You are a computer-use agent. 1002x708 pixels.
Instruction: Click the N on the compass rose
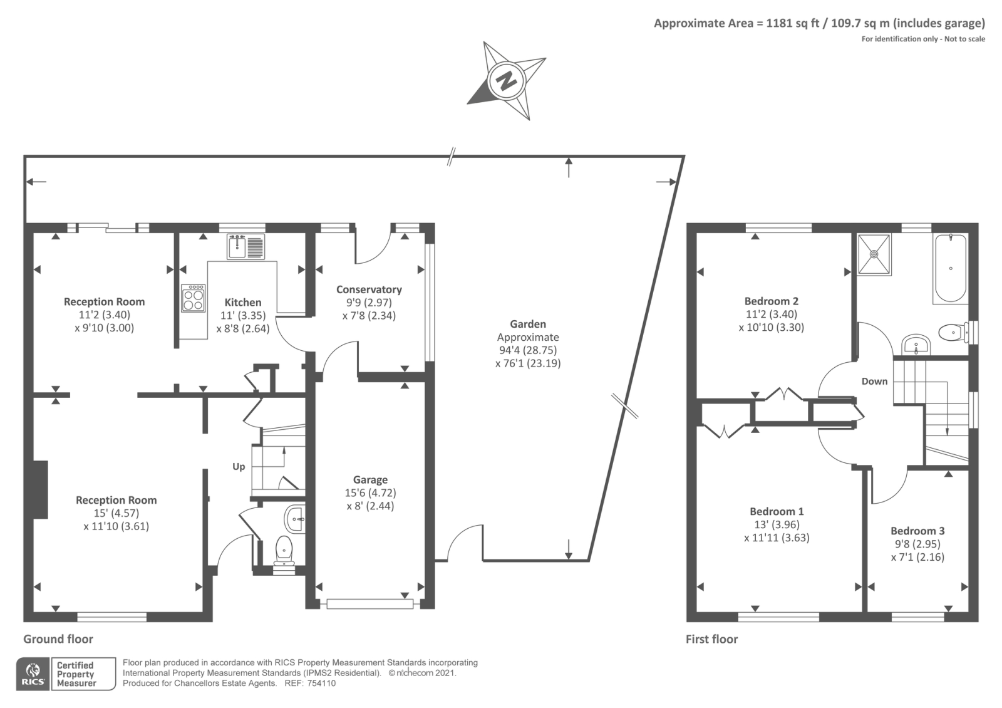[507, 81]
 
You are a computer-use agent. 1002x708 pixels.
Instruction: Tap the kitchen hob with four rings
[194, 298]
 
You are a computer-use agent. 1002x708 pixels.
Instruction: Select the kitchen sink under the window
[245, 247]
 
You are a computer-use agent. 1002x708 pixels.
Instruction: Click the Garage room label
[370, 480]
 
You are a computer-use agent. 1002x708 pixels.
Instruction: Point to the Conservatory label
[369, 289]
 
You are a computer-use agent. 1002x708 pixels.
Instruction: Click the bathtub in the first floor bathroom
[950, 269]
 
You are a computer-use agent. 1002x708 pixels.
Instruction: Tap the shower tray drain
[874, 254]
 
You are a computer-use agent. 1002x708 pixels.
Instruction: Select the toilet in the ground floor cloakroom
[284, 549]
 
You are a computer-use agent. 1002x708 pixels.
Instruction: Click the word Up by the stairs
[239, 467]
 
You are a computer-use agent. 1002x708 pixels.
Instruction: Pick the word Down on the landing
[874, 382]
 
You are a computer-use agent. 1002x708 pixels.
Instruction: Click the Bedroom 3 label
[917, 531]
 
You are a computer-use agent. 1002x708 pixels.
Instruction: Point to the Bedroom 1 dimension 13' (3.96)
[777, 524]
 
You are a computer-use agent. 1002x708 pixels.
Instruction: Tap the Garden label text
[528, 324]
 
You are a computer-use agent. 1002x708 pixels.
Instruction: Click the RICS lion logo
[33, 674]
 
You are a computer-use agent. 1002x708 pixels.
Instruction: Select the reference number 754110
[321, 684]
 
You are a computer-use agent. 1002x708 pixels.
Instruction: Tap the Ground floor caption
[58, 639]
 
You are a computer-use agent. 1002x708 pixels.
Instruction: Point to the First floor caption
[711, 639]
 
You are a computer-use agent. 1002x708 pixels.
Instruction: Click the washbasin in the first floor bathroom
[916, 345]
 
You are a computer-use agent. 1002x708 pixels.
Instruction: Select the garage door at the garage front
[369, 604]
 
